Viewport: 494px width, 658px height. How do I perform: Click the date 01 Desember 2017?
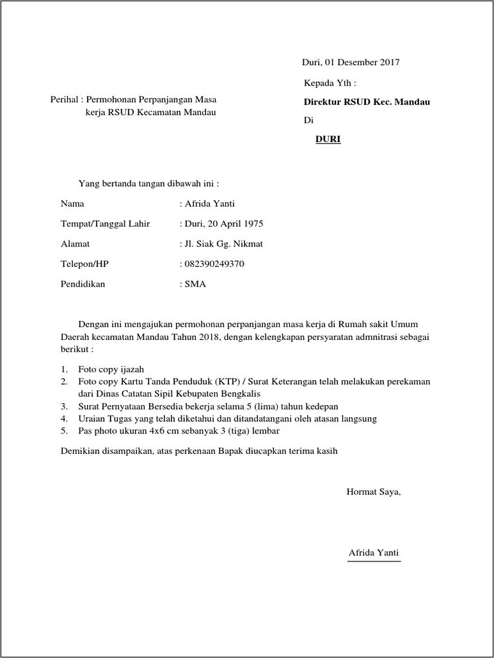pyautogui.click(x=362, y=63)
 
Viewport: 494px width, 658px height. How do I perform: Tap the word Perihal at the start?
pyautogui.click(x=64, y=100)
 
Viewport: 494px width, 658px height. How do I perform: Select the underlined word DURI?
pyautogui.click(x=328, y=139)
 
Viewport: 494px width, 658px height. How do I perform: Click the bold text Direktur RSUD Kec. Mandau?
pyautogui.click(x=367, y=102)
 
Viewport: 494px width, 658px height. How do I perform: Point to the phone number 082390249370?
pyautogui.click(x=214, y=264)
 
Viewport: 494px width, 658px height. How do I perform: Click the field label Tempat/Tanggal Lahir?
pyautogui.click(x=105, y=224)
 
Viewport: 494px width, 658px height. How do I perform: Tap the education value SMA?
pyautogui.click(x=195, y=284)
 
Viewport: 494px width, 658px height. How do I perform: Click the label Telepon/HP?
pyautogui.click(x=86, y=264)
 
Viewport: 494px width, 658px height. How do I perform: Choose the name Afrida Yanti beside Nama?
pyautogui.click(x=210, y=204)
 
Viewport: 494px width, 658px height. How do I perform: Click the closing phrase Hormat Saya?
pyautogui.click(x=373, y=492)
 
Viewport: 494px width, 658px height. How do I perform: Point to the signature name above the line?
pyautogui.click(x=374, y=553)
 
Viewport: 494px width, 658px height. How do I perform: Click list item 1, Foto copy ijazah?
pyautogui.click(x=111, y=369)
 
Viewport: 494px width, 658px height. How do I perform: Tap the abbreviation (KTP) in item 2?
pyautogui.click(x=223, y=381)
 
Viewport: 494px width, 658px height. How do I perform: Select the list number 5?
pyautogui.click(x=64, y=431)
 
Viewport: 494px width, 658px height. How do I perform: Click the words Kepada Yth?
pyautogui.click(x=329, y=83)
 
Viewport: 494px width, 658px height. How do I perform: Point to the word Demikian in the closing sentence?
pyautogui.click(x=79, y=451)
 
